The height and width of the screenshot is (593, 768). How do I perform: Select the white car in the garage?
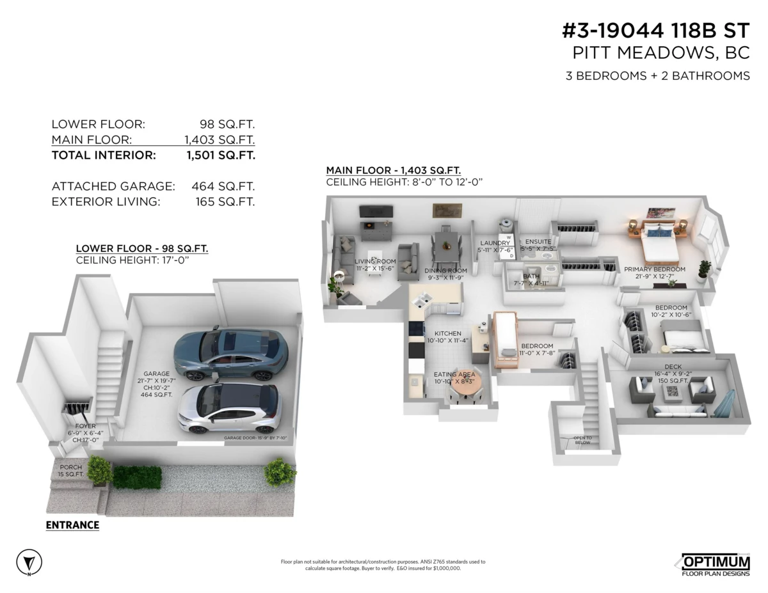pos(229,408)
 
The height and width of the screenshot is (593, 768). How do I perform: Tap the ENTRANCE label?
pos(72,525)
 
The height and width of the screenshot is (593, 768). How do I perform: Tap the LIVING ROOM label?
pos(376,262)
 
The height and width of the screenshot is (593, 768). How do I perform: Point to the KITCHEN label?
pos(448,334)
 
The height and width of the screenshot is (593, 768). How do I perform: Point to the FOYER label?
pos(85,426)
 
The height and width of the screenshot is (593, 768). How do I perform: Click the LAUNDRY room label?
pos(495,243)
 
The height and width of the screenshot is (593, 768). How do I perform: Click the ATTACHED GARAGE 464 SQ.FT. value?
pos(223,187)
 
